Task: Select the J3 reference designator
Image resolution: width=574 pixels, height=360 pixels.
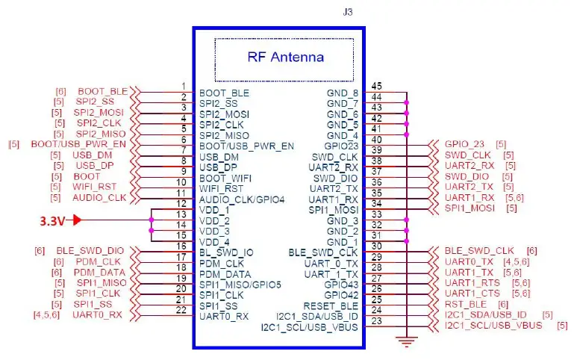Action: point(346,13)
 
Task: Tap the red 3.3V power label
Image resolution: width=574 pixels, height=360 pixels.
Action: point(53,221)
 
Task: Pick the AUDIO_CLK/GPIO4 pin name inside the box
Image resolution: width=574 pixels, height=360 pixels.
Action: point(241,200)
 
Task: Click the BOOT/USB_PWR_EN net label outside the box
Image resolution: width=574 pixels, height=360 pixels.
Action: point(78,144)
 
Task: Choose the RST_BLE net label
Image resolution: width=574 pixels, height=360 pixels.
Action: point(465,304)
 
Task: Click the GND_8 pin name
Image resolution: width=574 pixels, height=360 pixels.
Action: point(343,93)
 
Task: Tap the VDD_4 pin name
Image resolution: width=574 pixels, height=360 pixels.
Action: point(214,243)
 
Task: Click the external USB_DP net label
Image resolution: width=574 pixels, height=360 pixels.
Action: point(94,165)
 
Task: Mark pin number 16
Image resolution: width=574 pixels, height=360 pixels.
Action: point(181,246)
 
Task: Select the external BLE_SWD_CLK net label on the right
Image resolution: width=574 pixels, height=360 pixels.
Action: point(478,251)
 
